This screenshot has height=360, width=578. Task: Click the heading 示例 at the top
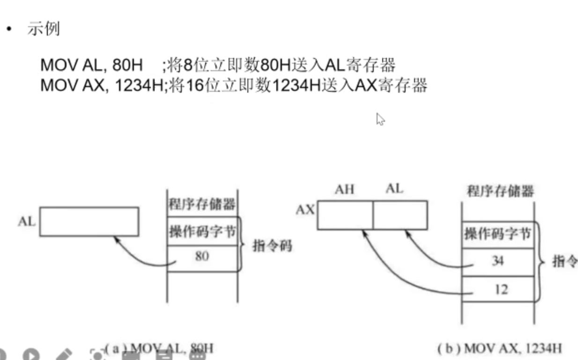pyautogui.click(x=43, y=29)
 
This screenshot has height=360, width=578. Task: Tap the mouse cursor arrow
pyautogui.click(x=380, y=119)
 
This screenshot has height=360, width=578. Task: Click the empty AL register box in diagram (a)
pyautogui.click(x=89, y=221)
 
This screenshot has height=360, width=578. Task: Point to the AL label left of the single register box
pyautogui.click(x=27, y=221)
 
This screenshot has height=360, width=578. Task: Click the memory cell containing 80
pyautogui.click(x=202, y=257)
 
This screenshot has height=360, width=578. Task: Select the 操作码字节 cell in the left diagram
pyautogui.click(x=202, y=232)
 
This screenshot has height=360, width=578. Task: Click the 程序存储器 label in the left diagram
pyautogui.click(x=202, y=205)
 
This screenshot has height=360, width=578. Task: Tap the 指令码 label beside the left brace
pyautogui.click(x=272, y=245)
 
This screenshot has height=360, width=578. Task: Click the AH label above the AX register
pyautogui.click(x=344, y=190)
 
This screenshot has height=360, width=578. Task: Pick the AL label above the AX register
pyautogui.click(x=394, y=189)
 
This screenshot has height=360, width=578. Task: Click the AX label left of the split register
pyautogui.click(x=305, y=210)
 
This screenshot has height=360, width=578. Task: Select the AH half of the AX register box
pyautogui.click(x=345, y=215)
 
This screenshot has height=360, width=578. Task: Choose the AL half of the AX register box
pyautogui.click(x=400, y=215)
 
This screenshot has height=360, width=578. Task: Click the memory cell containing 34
pyautogui.click(x=497, y=261)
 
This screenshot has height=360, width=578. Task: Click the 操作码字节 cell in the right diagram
pyautogui.click(x=497, y=233)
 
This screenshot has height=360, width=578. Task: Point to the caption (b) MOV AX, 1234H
pyautogui.click(x=499, y=349)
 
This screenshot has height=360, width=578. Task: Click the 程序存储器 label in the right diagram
pyautogui.click(x=500, y=191)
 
